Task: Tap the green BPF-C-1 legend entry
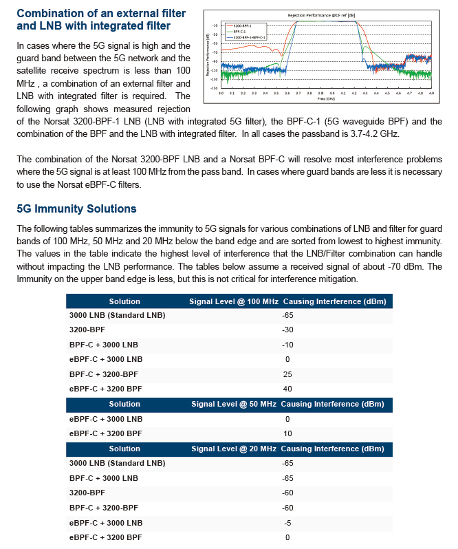(x=242, y=32)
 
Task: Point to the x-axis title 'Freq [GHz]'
(x=326, y=98)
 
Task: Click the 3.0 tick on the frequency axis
(x=221, y=92)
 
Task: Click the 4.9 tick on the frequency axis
(x=431, y=92)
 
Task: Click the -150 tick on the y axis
(x=215, y=88)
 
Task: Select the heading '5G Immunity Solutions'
(x=76, y=208)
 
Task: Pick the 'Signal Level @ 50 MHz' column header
(x=234, y=404)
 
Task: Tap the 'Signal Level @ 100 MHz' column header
(x=234, y=301)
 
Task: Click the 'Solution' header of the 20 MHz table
(x=124, y=449)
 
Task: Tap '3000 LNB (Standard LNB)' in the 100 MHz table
(x=117, y=316)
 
